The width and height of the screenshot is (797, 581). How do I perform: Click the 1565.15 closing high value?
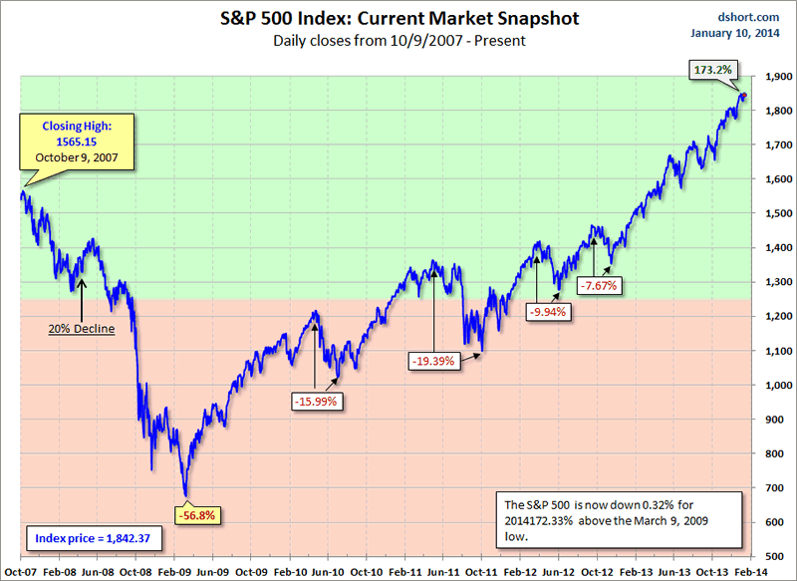coord(69,143)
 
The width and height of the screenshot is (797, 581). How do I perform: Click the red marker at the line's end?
coord(742,96)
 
